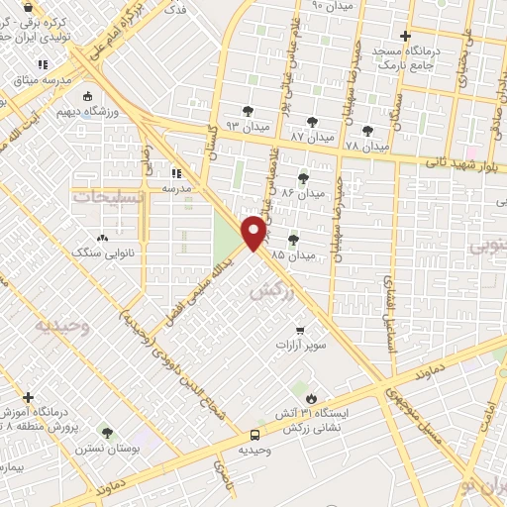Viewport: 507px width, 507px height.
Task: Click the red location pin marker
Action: click(254, 232)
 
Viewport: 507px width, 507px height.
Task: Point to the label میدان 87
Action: click(312, 135)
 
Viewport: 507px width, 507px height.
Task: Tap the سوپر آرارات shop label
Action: click(300, 347)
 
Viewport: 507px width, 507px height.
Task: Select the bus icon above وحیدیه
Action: click(254, 434)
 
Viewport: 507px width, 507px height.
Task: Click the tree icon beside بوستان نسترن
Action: click(107, 433)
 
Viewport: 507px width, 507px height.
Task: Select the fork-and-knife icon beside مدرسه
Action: click(176, 171)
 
